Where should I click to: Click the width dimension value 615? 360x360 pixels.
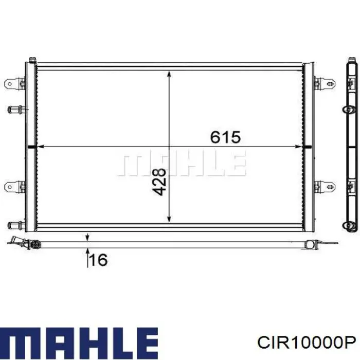225,137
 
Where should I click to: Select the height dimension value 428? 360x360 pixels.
159,182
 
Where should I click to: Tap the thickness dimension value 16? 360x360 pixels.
99,260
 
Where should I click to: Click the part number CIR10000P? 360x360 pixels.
307,343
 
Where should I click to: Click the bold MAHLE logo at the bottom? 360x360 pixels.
79,343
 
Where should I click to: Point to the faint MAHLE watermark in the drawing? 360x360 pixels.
182,163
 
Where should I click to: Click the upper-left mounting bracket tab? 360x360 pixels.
15,83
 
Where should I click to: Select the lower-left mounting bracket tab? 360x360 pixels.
15,187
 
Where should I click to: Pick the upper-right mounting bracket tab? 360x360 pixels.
325,83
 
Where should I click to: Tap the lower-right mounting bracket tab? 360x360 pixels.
325,186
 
